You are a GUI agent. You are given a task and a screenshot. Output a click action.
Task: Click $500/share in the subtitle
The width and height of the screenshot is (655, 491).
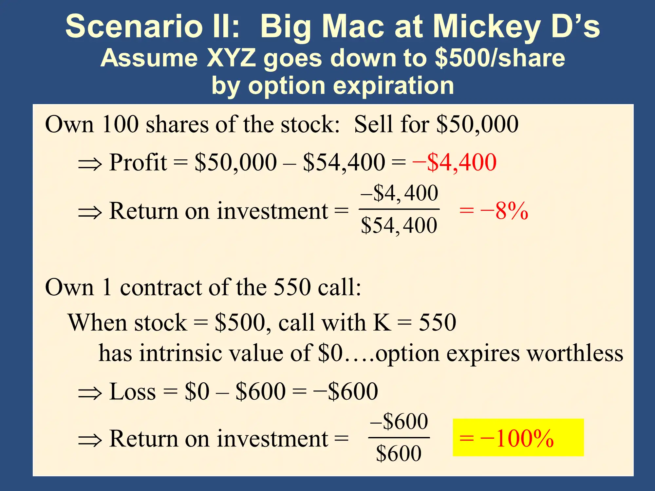[x=500, y=58]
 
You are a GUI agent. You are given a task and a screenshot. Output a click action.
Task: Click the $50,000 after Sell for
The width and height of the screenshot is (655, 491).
[x=478, y=124]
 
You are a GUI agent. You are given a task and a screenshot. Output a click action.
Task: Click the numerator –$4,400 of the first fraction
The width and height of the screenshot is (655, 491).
[x=399, y=193]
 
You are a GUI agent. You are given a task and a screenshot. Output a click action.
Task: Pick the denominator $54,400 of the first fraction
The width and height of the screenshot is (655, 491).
[x=399, y=226]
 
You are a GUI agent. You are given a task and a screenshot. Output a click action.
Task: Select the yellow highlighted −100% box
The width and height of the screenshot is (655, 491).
[x=518, y=437]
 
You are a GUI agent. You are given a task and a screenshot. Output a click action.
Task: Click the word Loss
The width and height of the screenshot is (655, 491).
[x=133, y=391]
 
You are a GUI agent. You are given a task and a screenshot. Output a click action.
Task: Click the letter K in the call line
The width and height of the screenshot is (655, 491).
[x=382, y=322]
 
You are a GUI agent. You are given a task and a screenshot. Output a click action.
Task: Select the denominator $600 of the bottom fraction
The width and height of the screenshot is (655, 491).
[x=399, y=453]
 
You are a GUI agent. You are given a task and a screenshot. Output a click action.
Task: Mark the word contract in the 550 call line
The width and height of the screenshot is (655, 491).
[x=161, y=287]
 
